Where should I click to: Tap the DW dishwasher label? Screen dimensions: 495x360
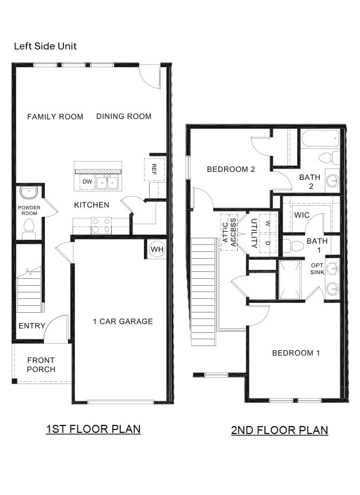pos(87,182)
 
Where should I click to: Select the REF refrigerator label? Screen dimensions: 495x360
pos(154,168)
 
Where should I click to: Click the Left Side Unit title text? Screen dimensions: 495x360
pos(46,46)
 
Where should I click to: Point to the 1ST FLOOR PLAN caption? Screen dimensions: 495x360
pos(93,429)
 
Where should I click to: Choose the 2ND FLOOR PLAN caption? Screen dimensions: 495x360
pos(279,430)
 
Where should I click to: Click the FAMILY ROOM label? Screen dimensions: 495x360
pos(55,117)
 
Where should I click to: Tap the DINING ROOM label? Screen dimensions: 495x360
pos(124,117)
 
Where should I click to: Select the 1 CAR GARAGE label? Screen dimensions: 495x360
pos(123,321)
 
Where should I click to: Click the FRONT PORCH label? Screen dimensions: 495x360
pos(41,365)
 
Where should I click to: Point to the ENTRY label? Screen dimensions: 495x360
pos(32,326)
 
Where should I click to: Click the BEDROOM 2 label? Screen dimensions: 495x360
pos(231,169)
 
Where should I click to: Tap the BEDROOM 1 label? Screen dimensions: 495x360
pos(295,353)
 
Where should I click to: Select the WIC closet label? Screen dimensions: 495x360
pos(302,214)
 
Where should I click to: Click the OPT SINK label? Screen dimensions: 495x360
pos(317,268)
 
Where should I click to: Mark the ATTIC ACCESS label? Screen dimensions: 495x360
pos(230,232)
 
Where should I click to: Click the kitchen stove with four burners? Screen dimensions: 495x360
pos(101,225)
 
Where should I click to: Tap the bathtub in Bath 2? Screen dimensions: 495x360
pos(320,138)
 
